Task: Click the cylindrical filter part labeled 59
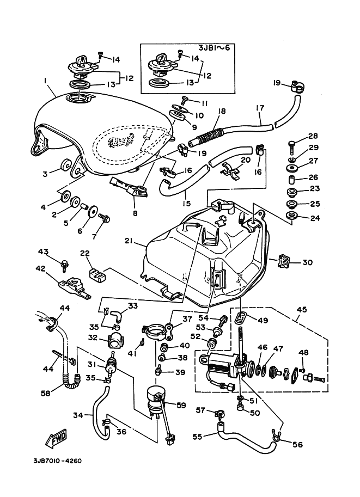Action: pyautogui.click(x=155, y=400)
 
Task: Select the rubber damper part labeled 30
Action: pyautogui.click(x=285, y=261)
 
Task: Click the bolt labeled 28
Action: pyautogui.click(x=291, y=144)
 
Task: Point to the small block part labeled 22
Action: pyautogui.click(x=96, y=272)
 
